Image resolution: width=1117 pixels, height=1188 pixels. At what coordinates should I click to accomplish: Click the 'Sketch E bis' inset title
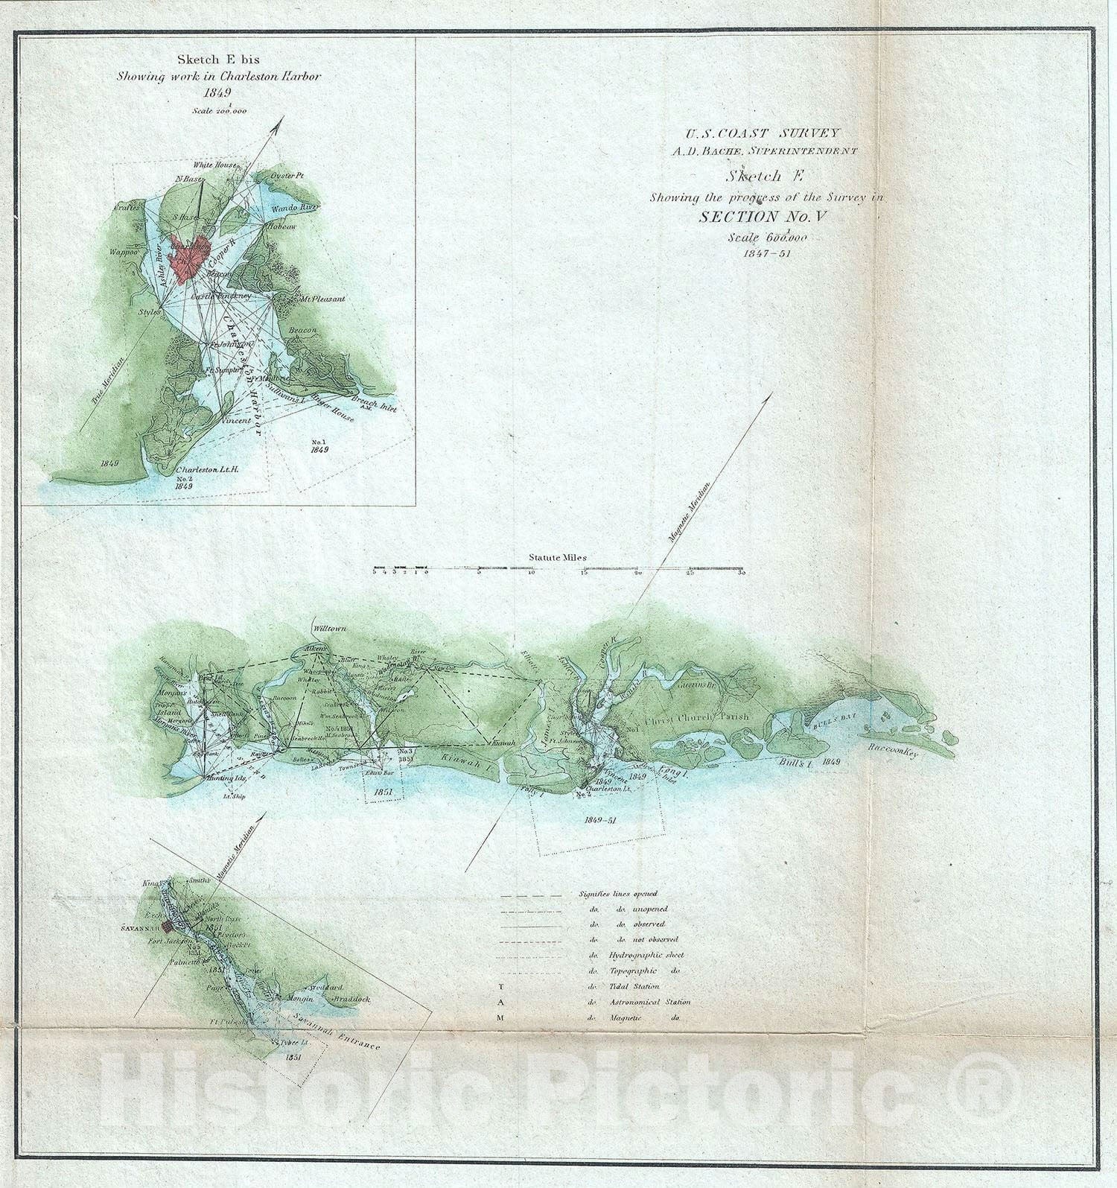point(218,60)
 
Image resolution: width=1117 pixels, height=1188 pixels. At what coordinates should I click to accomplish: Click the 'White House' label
point(215,165)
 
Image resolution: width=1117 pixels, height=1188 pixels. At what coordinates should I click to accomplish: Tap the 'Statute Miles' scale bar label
point(558,557)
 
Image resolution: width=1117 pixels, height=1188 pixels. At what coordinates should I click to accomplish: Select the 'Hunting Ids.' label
point(229,778)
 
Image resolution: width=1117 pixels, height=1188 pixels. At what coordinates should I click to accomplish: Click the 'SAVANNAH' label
point(140,929)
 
